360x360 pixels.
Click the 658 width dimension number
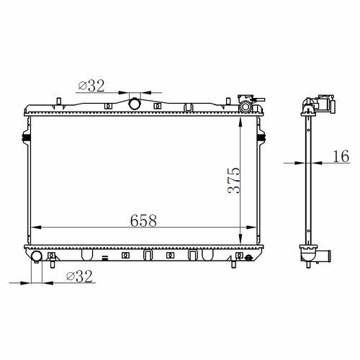143,220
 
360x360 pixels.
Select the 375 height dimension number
233,181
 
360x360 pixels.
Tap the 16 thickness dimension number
341,156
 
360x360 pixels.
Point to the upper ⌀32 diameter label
91,86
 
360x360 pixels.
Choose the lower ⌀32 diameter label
79,276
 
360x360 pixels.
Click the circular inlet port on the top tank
134,104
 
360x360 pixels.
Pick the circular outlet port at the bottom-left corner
37,256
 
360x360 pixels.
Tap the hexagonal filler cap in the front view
245,107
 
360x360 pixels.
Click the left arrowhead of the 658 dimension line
36,227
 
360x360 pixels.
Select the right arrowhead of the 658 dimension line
251,227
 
